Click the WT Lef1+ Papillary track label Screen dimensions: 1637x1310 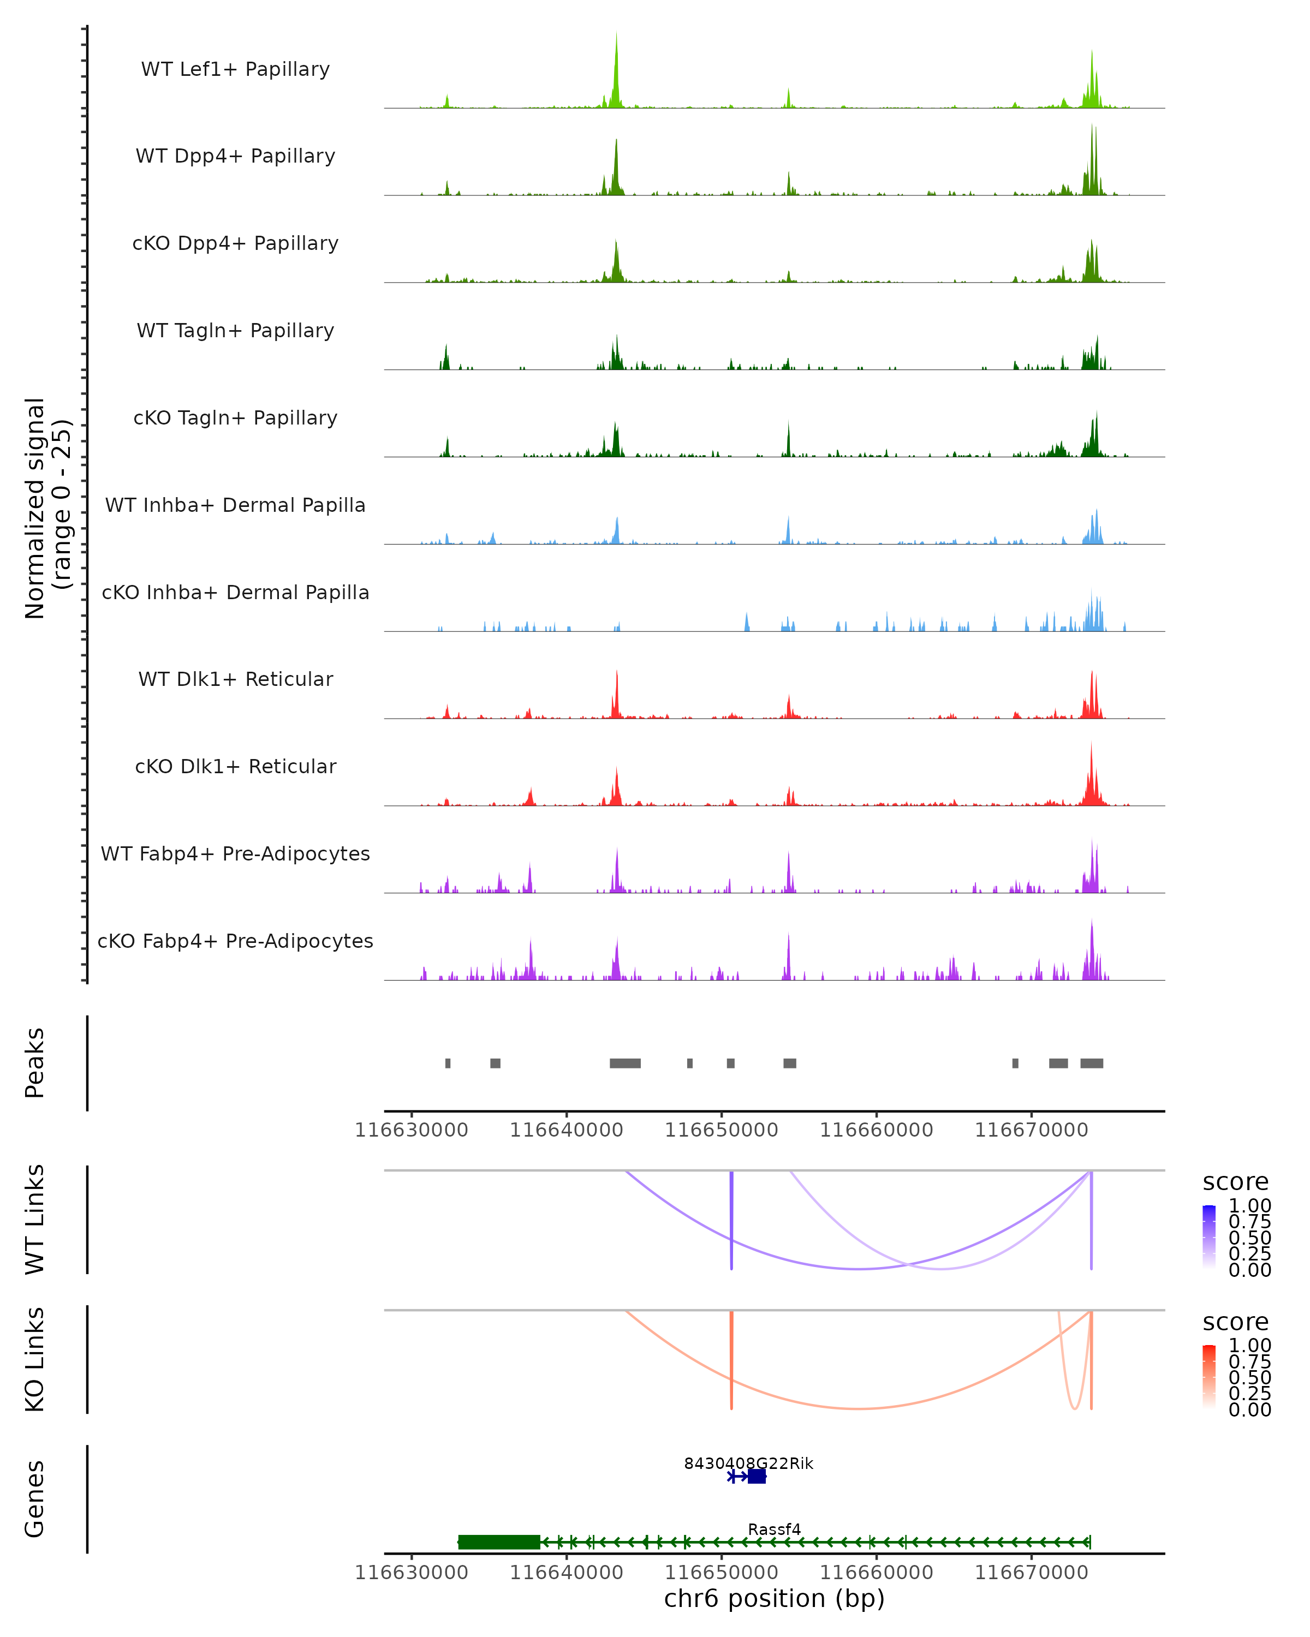(x=235, y=69)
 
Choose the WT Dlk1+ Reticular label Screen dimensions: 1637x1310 (x=235, y=679)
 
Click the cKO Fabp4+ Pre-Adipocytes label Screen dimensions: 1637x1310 (x=235, y=941)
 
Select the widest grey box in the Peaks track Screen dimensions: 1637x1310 (x=625, y=1063)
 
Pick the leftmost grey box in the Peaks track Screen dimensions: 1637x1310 (x=448, y=1063)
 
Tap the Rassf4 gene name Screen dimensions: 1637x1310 (x=774, y=1529)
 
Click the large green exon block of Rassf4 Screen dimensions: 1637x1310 (x=499, y=1542)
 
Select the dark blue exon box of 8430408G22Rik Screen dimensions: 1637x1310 (x=757, y=1476)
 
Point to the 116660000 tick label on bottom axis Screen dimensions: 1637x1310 (x=877, y=1573)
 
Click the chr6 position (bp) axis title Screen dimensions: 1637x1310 (x=774, y=1599)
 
